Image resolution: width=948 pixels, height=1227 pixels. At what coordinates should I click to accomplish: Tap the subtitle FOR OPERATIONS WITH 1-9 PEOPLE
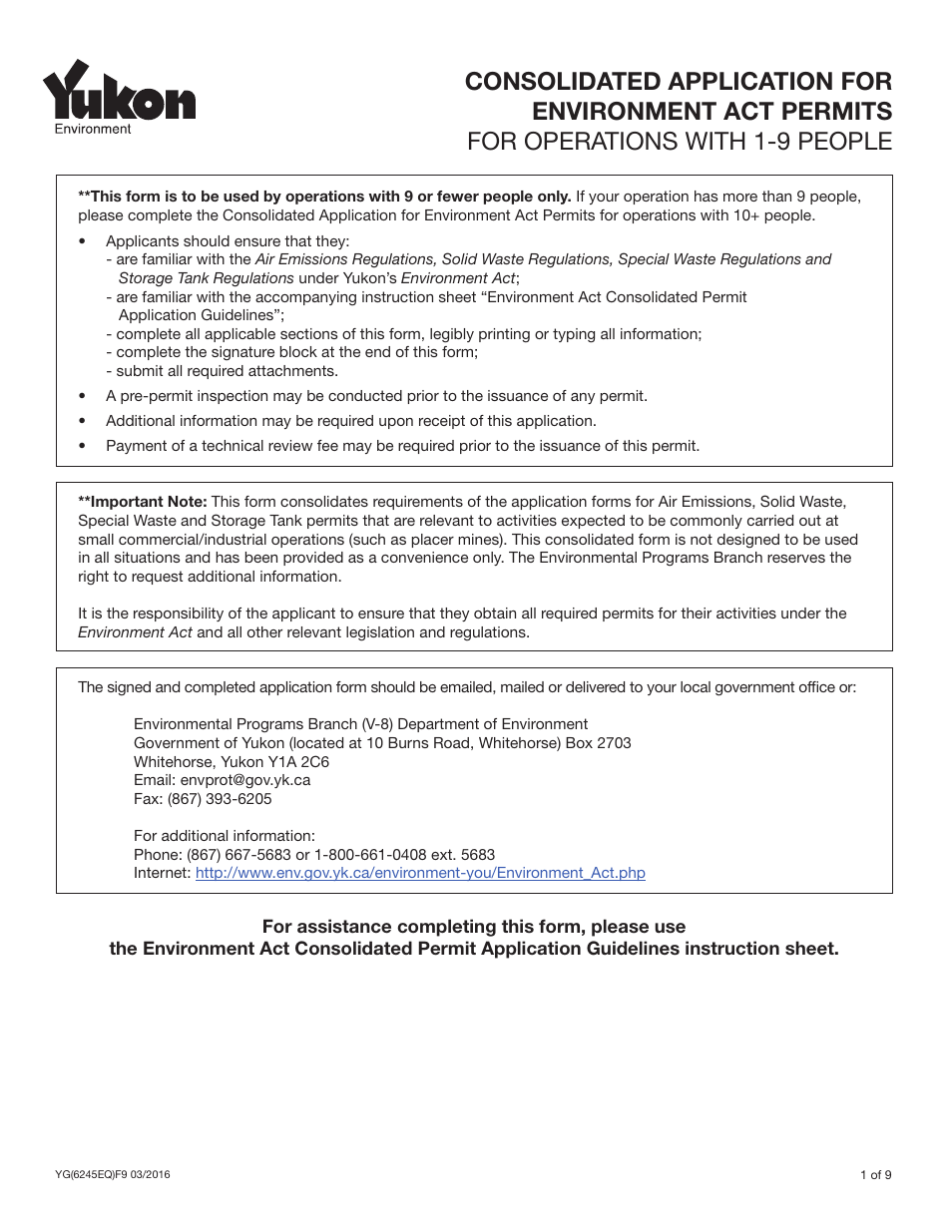(x=680, y=141)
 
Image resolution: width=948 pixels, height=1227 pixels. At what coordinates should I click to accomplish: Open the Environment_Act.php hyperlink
(x=420, y=873)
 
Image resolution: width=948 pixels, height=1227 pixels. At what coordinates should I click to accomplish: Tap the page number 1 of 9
(x=875, y=1175)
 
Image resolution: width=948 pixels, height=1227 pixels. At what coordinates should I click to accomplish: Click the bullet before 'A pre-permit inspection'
(x=83, y=397)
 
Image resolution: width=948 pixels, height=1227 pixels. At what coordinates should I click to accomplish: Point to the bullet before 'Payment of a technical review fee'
(x=83, y=447)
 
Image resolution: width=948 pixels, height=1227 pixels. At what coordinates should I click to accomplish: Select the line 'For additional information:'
(x=225, y=836)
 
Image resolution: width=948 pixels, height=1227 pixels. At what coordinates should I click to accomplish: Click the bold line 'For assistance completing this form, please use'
(x=474, y=927)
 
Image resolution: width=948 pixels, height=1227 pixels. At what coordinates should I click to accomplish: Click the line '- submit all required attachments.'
(x=222, y=371)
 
